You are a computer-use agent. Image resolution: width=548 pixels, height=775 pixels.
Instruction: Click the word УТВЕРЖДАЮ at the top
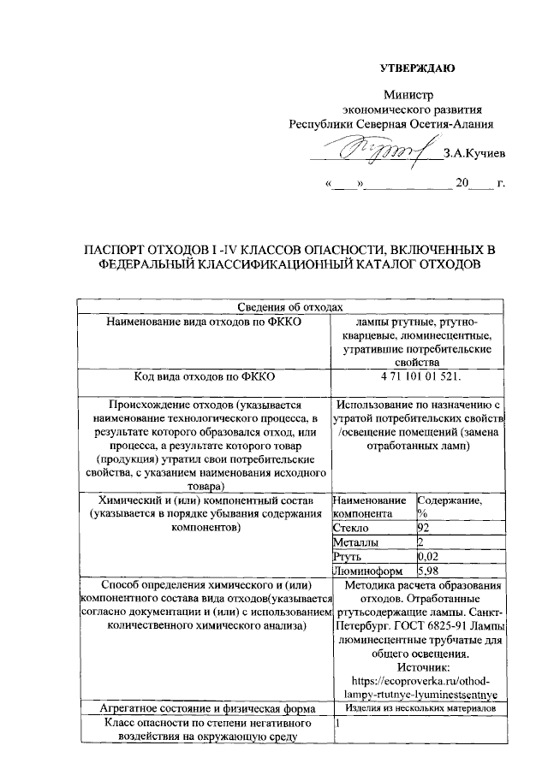(417, 68)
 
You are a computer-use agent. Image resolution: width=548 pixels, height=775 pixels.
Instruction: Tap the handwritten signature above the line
(381, 153)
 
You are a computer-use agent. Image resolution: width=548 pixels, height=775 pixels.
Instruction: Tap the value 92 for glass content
(422, 528)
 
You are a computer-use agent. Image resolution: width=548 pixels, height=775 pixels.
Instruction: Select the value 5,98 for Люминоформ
(427, 570)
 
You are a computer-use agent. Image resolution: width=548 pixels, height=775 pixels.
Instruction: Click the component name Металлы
(354, 541)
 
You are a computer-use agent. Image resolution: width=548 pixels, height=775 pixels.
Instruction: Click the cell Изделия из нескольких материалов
(420, 708)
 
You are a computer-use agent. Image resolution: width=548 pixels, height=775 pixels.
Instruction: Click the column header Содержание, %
(449, 506)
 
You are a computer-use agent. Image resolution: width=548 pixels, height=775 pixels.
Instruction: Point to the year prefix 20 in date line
(462, 183)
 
